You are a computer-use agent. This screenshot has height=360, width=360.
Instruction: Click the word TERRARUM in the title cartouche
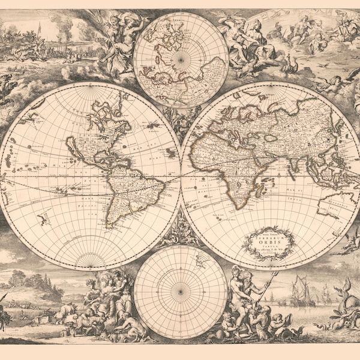(269, 235)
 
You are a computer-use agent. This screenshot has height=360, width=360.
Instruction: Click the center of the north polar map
(181, 58)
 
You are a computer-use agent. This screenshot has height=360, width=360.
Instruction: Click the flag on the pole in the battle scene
(40, 28)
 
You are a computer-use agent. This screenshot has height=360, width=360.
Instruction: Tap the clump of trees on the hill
(30, 279)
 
